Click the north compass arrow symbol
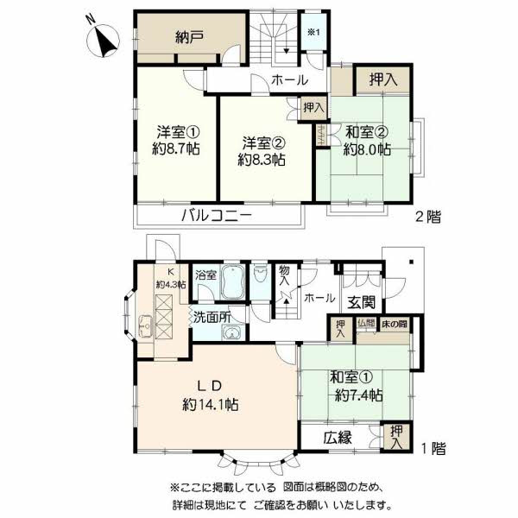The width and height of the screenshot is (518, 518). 105,38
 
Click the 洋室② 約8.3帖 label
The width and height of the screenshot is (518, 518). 262,150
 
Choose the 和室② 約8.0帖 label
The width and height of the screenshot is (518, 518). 367,141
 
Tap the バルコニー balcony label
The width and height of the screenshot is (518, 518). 216,216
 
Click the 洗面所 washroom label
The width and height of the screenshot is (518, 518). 212,317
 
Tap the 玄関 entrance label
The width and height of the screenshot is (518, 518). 362,302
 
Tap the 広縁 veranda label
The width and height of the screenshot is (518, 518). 338,438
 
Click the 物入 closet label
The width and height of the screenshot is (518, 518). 284,278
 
